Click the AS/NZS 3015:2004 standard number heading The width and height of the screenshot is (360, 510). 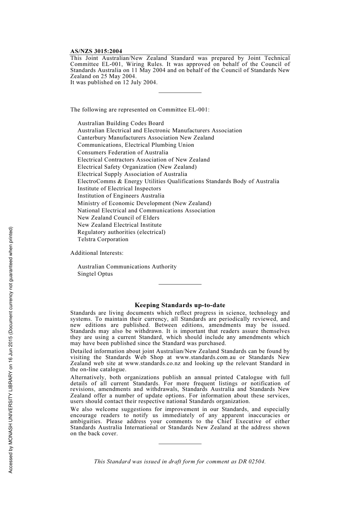tap(96, 51)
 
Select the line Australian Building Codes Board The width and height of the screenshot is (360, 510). tap(121, 123)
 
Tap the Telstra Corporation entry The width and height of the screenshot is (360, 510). tap(103, 239)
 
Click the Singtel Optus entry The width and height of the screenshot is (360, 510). tap(95, 274)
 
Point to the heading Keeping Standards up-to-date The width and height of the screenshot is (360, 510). tap(180, 305)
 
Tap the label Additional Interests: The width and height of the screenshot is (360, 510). tap(97, 253)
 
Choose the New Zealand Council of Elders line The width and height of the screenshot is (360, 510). tap(118, 218)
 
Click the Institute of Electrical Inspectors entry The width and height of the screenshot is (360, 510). tap(119, 188)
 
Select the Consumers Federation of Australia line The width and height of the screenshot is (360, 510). tap(123, 152)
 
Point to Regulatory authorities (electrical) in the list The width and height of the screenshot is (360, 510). tap(121, 232)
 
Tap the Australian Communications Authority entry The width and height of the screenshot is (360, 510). tap(127, 267)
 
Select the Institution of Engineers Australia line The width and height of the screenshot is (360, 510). tap(121, 196)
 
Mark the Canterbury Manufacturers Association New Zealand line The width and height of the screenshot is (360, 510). tap(146, 138)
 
